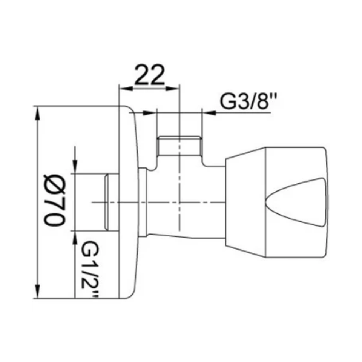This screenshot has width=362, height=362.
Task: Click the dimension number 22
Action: [150, 75]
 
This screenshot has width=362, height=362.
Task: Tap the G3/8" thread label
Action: [248, 101]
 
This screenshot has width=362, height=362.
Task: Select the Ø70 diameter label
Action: [55, 200]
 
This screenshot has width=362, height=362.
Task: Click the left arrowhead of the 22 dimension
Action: [126, 89]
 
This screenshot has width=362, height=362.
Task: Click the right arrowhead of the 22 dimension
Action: [172, 89]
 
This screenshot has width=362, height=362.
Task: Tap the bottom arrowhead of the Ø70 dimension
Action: [37, 291]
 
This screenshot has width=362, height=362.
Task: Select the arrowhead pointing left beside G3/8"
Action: [209, 113]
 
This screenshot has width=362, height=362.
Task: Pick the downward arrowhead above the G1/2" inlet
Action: [75, 167]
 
